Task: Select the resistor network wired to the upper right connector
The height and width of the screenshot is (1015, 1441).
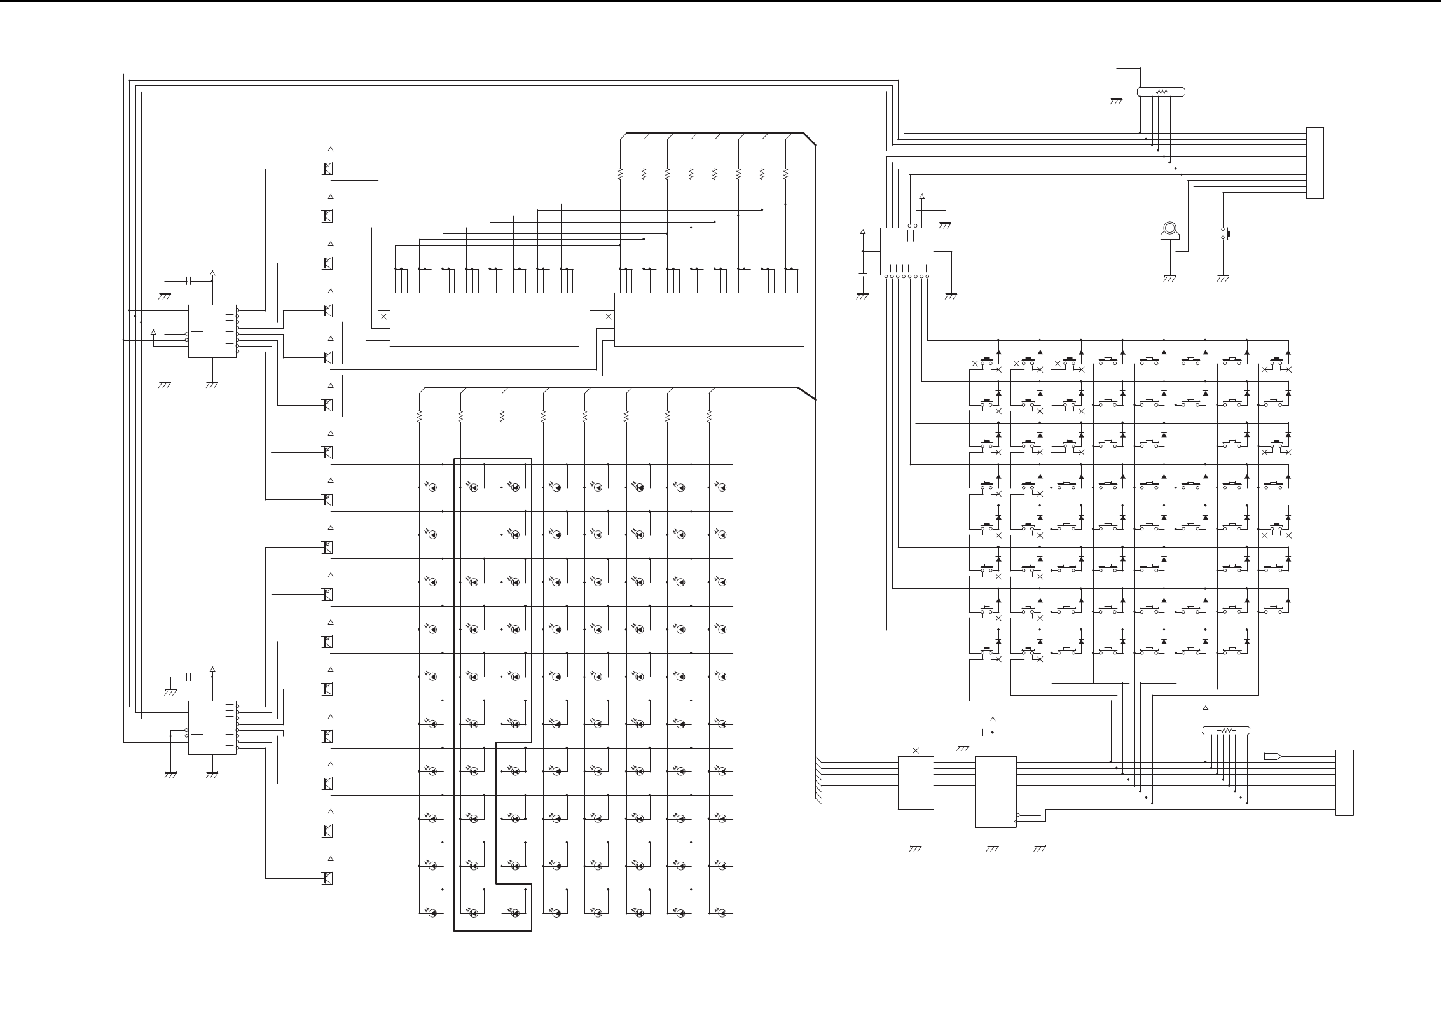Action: [x=1161, y=92]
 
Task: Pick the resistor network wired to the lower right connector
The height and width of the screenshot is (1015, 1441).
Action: [x=1226, y=731]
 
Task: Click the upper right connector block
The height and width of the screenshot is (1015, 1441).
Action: [x=1314, y=163]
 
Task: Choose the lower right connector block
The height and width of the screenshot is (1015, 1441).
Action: [x=1344, y=782]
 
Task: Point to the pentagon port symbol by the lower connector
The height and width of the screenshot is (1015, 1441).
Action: [x=1273, y=756]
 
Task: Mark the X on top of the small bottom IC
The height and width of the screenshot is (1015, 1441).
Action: [x=916, y=751]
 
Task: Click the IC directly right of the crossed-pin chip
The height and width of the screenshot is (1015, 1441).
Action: [x=995, y=792]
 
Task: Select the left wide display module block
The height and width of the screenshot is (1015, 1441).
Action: [x=484, y=319]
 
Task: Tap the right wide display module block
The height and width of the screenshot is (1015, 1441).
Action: [x=709, y=319]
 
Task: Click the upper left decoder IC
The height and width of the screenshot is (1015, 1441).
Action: [x=212, y=331]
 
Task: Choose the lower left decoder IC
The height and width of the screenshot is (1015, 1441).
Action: [x=212, y=728]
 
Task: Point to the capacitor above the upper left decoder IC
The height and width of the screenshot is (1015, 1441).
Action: [x=189, y=280]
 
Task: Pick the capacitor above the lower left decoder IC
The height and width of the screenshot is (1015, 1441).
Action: [x=189, y=677]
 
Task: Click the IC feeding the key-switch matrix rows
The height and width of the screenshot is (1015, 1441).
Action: [x=907, y=251]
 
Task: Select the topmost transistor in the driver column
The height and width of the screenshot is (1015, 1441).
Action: [x=327, y=169]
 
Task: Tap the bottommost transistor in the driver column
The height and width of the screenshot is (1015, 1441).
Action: [x=327, y=878]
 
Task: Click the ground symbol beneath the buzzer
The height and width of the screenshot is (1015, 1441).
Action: [x=1169, y=278]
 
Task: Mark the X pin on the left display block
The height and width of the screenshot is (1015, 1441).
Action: [x=383, y=316]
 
